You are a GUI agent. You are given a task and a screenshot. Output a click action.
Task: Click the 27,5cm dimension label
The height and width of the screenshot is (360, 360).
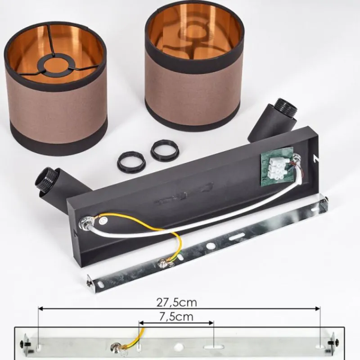pyautogui.click(x=176, y=302)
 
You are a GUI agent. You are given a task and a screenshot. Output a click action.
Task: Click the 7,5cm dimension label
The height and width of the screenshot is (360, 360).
pyautogui.click(x=176, y=317)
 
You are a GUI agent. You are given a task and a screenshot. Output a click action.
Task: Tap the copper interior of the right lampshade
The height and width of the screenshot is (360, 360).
pyautogui.click(x=194, y=37)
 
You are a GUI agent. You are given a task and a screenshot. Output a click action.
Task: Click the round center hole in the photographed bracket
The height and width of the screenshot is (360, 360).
pyautogui.click(x=210, y=246)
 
